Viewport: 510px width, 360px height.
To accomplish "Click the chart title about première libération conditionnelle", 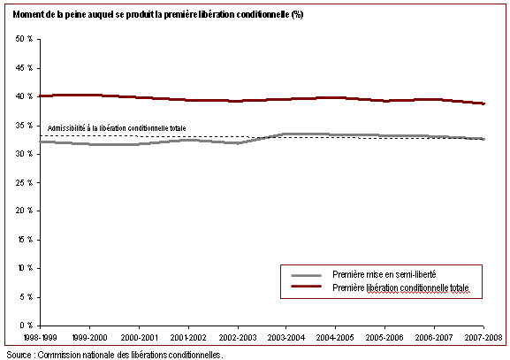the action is point(158,14).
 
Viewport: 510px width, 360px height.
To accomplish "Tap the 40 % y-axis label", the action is point(24,96).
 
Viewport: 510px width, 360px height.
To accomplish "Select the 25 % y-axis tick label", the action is point(24,182).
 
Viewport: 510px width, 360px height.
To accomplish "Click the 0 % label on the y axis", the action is point(26,326).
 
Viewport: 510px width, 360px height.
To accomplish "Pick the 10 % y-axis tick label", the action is point(25,268).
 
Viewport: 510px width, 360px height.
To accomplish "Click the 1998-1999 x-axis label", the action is point(41,337).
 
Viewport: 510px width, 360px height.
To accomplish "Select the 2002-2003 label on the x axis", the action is point(238,337).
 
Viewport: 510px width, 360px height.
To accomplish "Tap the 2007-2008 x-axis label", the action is point(483,337).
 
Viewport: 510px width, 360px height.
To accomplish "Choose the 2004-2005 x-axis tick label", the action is point(335,337).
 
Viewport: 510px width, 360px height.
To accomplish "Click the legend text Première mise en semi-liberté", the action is point(384,275).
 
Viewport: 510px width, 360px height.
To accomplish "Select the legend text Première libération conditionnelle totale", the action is point(400,287).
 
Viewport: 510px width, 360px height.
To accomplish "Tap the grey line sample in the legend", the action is point(306,275).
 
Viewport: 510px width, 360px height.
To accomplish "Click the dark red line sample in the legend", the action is point(306,286).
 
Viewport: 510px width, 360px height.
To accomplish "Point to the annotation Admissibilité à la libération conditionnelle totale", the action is point(117,128).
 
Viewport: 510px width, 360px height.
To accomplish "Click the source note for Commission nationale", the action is point(115,355).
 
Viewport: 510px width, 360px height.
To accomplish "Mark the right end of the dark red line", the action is point(484,103).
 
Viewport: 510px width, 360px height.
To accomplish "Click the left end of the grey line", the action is point(40,142).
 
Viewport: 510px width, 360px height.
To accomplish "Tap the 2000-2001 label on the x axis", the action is point(139,337).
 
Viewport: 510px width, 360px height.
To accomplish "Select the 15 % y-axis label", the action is point(25,240).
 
